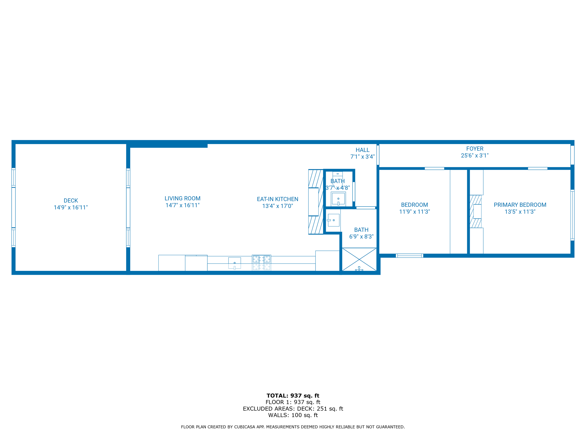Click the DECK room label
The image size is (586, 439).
71,201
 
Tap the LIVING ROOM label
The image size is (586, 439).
183,198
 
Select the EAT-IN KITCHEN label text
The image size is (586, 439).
277,199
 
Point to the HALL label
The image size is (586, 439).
362,150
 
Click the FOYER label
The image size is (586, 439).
475,149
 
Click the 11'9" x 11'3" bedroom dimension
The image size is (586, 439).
414,212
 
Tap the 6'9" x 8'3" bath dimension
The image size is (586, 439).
361,236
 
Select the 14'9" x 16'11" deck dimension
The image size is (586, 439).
71,207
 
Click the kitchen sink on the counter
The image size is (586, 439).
234,263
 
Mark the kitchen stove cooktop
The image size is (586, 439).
262,262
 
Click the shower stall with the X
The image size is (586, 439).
359,259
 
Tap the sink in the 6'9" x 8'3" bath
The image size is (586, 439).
334,220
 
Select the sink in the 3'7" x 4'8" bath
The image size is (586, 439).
338,199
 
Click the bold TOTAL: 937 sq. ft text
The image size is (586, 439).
293,396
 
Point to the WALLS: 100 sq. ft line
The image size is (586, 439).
293,415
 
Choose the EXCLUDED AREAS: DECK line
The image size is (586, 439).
293,409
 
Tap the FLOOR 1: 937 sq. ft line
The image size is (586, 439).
293,402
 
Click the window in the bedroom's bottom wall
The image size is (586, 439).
409,256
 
